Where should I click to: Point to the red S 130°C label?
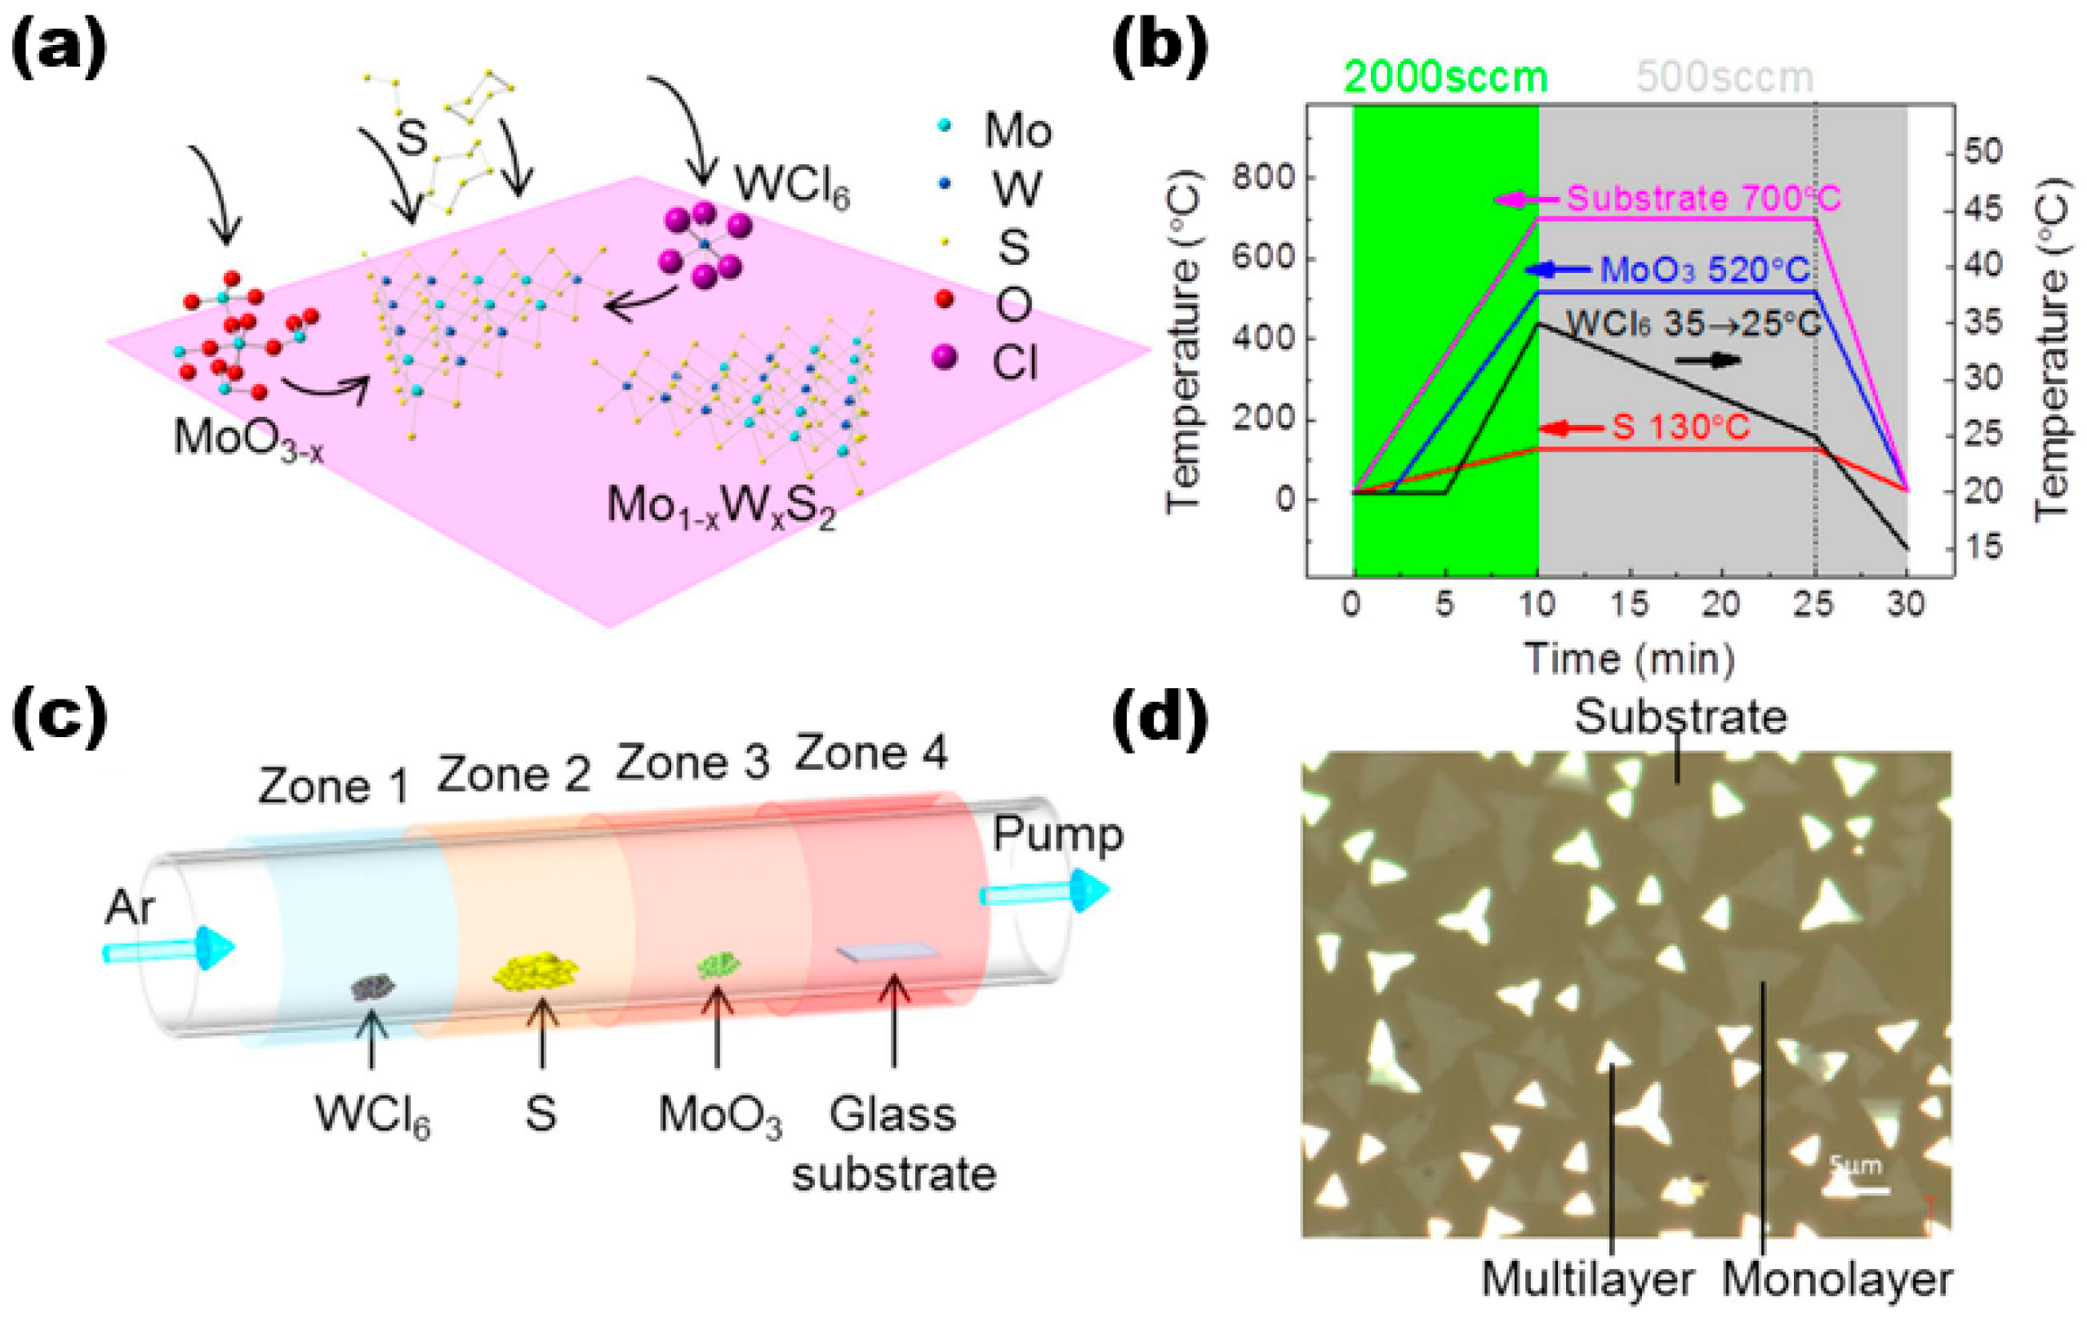point(1680,427)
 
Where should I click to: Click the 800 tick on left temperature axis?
point(1264,178)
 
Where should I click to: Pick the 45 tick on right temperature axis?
point(1982,209)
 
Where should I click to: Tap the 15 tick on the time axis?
point(1630,605)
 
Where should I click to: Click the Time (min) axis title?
point(1630,658)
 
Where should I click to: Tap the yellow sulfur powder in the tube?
point(535,971)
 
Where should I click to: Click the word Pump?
point(1057,834)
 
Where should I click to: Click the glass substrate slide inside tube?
point(888,952)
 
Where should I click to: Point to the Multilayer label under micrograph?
point(1588,1280)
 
